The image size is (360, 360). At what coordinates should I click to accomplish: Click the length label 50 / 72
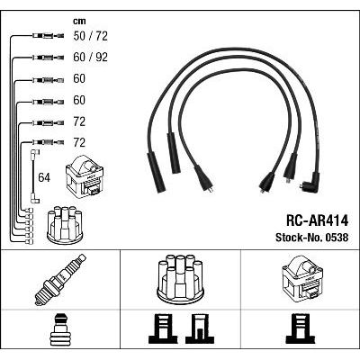(90, 36)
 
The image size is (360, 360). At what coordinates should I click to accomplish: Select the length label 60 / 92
(90, 57)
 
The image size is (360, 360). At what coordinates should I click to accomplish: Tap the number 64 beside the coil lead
(44, 177)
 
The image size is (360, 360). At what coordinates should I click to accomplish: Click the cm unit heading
(79, 21)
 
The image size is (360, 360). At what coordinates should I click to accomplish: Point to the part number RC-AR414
(317, 220)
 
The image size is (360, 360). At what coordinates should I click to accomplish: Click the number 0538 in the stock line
(336, 238)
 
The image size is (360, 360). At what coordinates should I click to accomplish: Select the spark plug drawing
(60, 280)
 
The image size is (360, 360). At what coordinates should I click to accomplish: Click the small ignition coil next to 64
(85, 175)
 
